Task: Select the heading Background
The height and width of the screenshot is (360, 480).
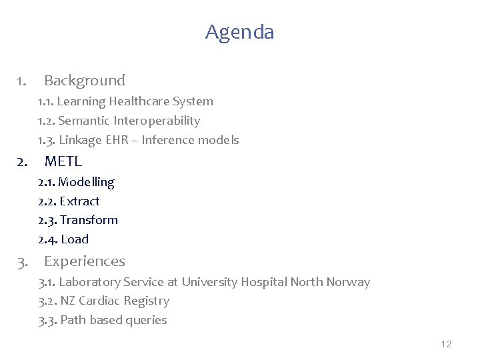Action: pos(84,81)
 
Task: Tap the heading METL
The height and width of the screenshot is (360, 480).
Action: pos(63,161)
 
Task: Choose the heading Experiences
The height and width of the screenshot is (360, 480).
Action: pos(84,261)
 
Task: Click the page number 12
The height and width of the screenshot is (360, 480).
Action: pos(446,344)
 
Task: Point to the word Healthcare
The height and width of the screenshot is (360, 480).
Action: pos(137,101)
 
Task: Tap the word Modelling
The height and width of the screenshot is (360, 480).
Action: pos(87,182)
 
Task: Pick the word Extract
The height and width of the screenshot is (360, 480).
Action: pos(79,201)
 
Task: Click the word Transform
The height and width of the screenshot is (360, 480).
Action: pos(89,220)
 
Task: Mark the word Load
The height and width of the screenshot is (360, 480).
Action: pos(74,239)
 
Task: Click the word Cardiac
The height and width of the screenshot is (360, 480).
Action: pos(99,301)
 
